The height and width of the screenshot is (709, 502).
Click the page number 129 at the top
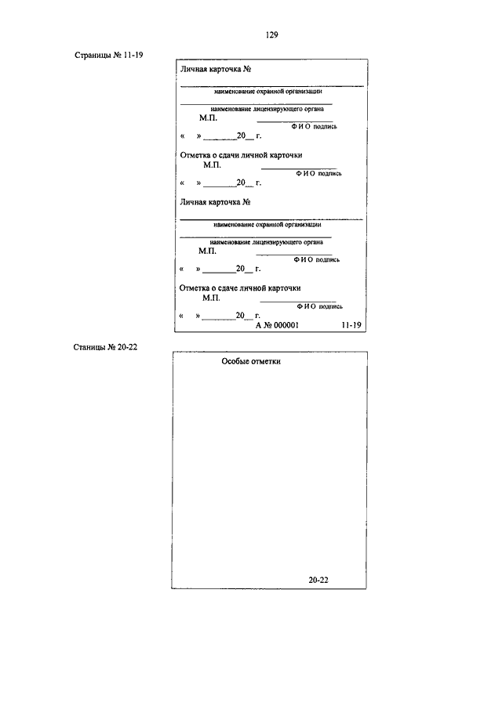[x=271, y=34]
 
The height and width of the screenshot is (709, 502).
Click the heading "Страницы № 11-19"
[x=109, y=55]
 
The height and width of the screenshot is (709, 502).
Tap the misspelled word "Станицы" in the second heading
[x=89, y=347]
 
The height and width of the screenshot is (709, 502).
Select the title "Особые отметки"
[x=251, y=361]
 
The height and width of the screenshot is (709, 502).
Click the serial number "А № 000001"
[x=277, y=325]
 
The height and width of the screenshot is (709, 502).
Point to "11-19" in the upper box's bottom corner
[x=351, y=325]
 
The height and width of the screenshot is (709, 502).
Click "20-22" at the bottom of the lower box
[x=318, y=581]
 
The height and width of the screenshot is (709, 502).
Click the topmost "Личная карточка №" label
[x=216, y=69]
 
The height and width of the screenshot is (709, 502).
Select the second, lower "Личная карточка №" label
[x=215, y=202]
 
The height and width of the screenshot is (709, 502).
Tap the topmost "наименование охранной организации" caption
[x=268, y=92]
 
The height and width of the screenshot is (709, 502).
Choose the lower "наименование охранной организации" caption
[x=267, y=224]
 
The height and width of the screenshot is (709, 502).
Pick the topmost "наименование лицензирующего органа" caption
[x=267, y=109]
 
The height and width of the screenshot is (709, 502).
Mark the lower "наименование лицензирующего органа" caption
[x=266, y=242]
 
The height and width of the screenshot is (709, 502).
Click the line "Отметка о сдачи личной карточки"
[x=242, y=155]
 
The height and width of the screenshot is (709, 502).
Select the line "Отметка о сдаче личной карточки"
[x=240, y=288]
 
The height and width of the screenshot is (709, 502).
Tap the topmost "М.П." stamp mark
[x=208, y=118]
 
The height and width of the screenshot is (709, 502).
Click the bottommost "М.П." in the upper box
[x=212, y=298]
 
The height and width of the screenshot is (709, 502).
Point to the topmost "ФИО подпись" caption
[x=315, y=127]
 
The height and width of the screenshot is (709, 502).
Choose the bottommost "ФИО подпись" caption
[x=319, y=306]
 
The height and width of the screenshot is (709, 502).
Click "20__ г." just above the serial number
[x=248, y=316]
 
